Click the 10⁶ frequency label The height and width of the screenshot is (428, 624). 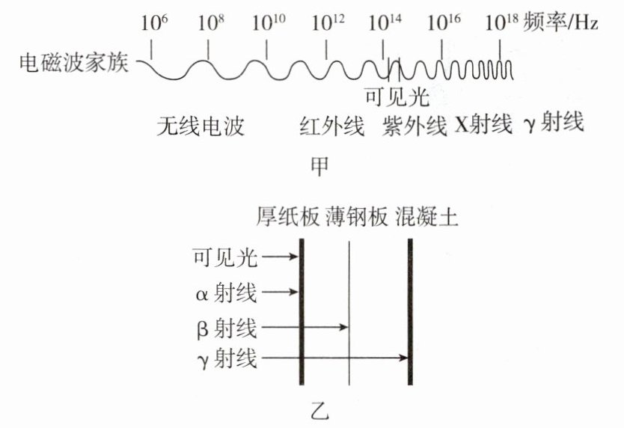154,22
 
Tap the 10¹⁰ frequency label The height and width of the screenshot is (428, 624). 269,22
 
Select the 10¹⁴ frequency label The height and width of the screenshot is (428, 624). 385,22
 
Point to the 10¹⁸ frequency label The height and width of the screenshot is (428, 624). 501,22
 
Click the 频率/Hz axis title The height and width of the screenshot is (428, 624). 560,22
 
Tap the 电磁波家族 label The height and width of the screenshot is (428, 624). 74,63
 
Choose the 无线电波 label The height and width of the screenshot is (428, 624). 201,126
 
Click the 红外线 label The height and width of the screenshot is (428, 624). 331,126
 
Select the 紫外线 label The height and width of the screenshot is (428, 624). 415,126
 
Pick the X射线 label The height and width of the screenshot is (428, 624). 483,125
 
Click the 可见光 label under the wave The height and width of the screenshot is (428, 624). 397,97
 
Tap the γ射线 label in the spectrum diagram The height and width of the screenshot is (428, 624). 554,123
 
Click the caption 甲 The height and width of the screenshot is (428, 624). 319,167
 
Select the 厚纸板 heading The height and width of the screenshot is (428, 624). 288,217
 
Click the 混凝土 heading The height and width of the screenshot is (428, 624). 426,217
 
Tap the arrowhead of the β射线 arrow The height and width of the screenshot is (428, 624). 344,327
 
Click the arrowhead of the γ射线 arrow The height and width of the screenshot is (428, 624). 403,358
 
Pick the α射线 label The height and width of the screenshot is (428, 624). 226,293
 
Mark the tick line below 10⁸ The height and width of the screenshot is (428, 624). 208,51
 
